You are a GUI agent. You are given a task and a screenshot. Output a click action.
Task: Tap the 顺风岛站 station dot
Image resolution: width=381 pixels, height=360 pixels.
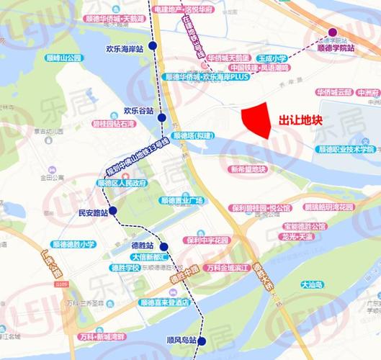coord(202,341)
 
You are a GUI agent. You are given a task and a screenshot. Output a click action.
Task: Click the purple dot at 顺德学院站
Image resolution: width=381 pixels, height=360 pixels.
coord(333,32)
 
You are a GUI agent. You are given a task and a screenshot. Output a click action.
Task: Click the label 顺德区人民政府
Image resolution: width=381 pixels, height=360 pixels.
coord(122,183)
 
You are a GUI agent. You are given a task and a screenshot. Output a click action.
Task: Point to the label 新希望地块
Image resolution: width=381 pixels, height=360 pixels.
coord(248,170)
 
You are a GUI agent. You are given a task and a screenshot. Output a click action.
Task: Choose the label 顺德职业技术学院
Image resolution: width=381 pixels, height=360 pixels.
coord(346,149)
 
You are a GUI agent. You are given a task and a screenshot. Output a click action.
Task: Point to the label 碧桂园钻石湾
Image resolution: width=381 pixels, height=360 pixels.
coord(112,124)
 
